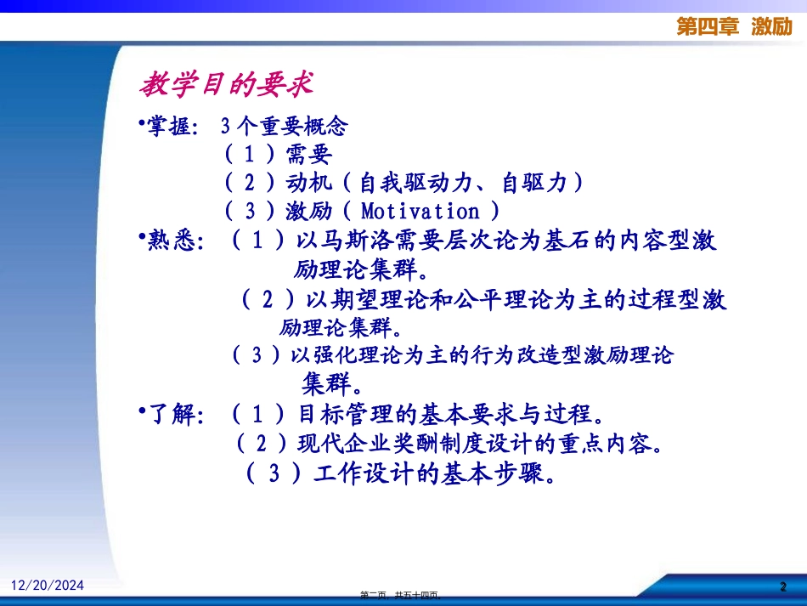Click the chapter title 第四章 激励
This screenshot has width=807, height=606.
click(x=735, y=26)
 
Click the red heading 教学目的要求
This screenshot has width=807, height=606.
click(x=227, y=85)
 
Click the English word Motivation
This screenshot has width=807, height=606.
click(x=420, y=211)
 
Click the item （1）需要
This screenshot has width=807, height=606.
click(x=278, y=155)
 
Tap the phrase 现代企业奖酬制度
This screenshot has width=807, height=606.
click(x=384, y=444)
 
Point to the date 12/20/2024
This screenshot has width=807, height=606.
click(x=48, y=585)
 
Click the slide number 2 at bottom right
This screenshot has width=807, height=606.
click(x=784, y=586)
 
